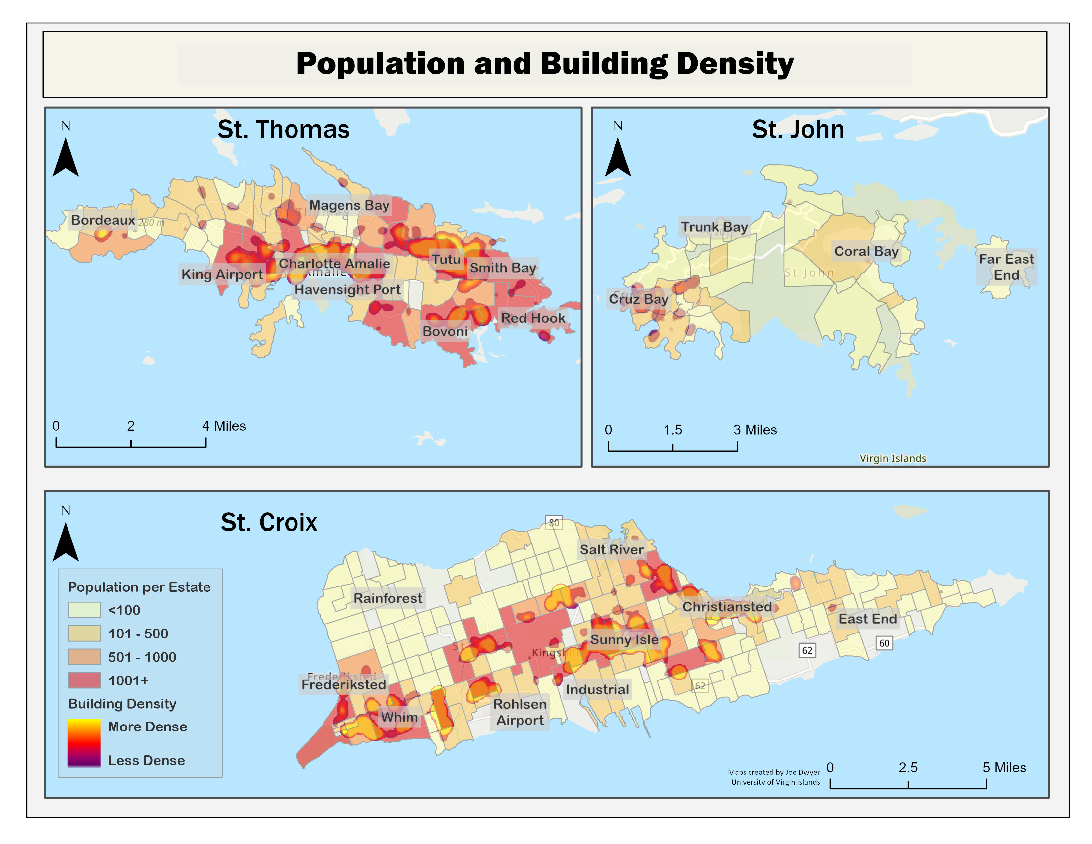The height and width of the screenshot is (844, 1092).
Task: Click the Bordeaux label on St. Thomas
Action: coord(103,220)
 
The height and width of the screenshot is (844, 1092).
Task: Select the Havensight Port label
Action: coord(347,290)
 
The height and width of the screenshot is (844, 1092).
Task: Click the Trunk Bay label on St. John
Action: coord(714,227)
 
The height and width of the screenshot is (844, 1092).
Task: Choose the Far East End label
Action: coord(1006,267)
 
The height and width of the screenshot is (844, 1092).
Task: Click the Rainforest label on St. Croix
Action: coord(387,598)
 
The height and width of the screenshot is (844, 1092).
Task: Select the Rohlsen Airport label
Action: coord(520,712)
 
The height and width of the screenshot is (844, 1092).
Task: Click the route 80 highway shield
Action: coord(554,523)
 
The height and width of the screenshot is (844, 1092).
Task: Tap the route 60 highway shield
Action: coord(884,643)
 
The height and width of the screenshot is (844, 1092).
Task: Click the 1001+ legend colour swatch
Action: coord(84,680)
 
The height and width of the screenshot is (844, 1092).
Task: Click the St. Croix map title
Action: coord(269,523)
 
